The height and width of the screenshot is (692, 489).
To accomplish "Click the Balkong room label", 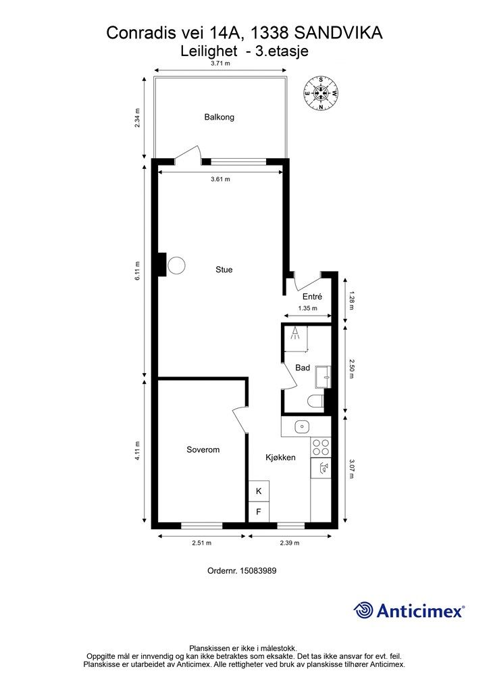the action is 219,118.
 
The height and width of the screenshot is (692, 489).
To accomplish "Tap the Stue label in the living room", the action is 224,270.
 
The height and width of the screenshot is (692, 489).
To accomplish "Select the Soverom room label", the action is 203,449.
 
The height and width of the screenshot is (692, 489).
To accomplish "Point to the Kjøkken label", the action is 280,458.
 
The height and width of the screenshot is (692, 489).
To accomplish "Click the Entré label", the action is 312,297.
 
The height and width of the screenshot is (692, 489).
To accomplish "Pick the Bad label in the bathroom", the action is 303,368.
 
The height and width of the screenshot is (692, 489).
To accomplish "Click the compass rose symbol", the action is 321,93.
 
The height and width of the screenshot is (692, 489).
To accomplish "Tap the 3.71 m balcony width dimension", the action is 220,63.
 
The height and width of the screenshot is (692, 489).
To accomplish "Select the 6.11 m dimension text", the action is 137,271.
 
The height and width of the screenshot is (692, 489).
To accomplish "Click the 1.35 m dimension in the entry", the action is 307,308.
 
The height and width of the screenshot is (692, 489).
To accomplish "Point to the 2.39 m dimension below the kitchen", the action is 290,543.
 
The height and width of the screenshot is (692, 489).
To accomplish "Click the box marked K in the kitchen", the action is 259,491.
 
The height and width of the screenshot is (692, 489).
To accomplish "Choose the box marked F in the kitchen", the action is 259,512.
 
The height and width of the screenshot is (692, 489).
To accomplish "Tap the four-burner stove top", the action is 321,447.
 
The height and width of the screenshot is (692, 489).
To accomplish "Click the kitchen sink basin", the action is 302,427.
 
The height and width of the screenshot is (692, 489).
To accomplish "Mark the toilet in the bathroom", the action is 315,401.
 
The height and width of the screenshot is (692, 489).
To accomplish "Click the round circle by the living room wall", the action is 176,265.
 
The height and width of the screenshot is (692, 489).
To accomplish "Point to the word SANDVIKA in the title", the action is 338,33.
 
